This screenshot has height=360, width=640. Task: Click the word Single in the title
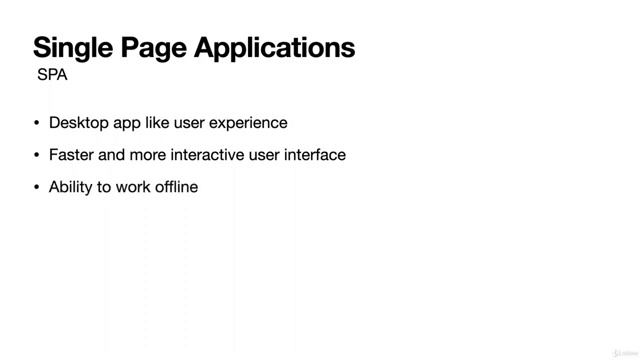pyautogui.click(x=76, y=47)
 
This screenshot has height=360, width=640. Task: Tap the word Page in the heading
pyautogui.click(x=161, y=47)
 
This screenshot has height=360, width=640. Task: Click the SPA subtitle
pyautogui.click(x=52, y=75)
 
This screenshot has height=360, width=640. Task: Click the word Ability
pyautogui.click(x=70, y=187)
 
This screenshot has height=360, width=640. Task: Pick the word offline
pyautogui.click(x=176, y=187)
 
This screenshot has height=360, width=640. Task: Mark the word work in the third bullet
pyautogui.click(x=133, y=187)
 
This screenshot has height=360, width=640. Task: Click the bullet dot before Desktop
pyautogui.click(x=37, y=123)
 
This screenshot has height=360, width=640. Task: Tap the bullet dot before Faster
pyautogui.click(x=37, y=155)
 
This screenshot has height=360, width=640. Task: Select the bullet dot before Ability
pyautogui.click(x=37, y=187)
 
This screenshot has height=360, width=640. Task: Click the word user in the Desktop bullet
pyautogui.click(x=191, y=123)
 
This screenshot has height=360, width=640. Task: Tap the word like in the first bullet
pyautogui.click(x=158, y=123)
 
